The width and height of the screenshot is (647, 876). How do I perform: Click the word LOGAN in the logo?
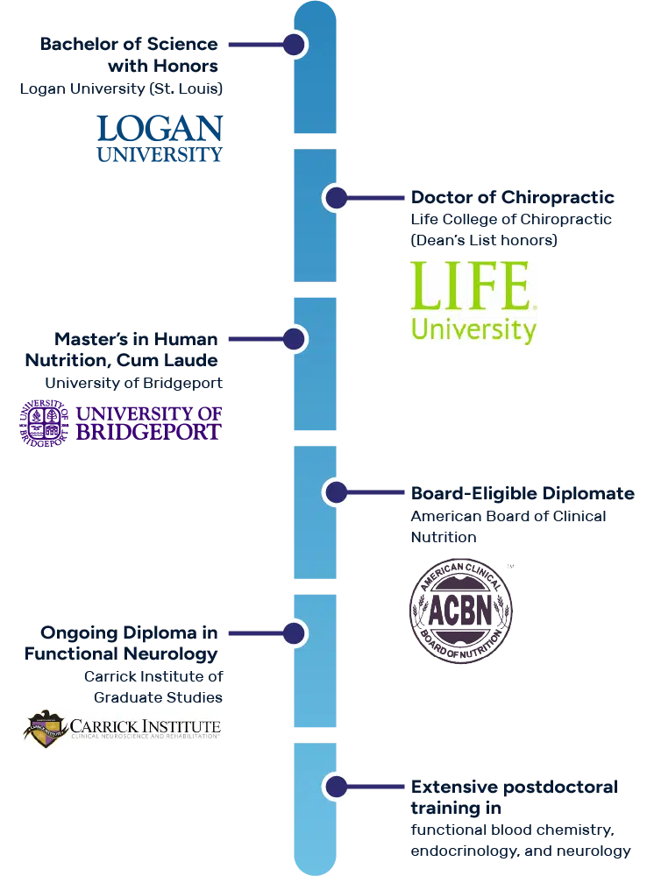coord(160,130)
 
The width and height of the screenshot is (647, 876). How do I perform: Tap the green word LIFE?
coord(471,286)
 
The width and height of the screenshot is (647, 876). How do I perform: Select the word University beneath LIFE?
coord(473,329)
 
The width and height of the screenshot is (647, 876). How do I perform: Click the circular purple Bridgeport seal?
coord(45,423)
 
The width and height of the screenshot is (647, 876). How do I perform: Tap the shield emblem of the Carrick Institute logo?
coord(46,728)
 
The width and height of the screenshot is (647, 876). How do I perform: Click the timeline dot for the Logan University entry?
coord(294,45)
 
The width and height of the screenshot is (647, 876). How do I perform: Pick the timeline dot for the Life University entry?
coord(336,198)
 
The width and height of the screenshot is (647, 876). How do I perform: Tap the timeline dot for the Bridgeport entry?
coord(294,339)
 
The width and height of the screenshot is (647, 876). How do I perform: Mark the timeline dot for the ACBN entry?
coord(336,492)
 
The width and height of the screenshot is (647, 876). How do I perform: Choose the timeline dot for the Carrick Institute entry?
coord(294,633)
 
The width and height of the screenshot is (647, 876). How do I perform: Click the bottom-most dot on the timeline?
coord(336,786)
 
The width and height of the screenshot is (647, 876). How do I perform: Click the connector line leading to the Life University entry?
coord(377,198)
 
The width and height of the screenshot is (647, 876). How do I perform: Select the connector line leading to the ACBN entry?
coord(377,492)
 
